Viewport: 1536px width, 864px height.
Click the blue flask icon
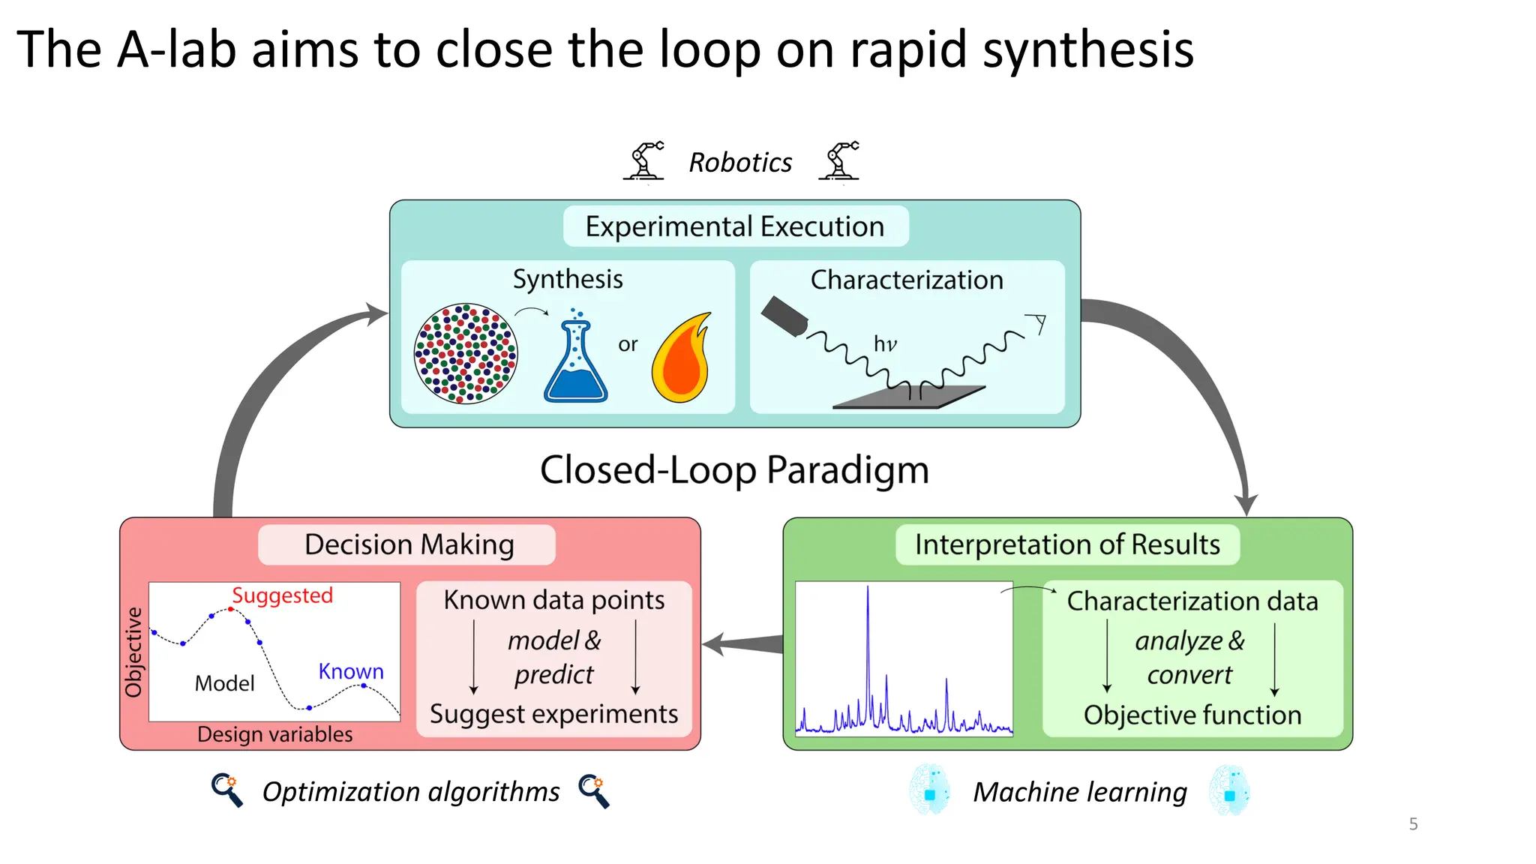[575, 364]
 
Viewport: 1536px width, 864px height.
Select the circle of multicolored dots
[466, 354]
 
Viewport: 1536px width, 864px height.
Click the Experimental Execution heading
[735, 226]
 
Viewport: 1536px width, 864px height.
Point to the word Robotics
[740, 163]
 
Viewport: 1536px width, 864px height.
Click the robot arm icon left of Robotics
[644, 160]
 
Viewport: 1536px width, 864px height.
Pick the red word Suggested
[282, 595]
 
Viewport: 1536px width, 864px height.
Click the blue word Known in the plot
[350, 671]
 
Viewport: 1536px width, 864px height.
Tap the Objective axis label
[133, 652]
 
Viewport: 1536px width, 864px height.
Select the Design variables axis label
[274, 734]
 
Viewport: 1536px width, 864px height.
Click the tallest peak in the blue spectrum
[868, 600]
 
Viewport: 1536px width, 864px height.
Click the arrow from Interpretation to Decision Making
[742, 643]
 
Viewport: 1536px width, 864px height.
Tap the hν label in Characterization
[885, 344]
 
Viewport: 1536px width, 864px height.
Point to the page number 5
[1413, 824]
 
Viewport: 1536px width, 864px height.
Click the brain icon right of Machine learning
[1229, 790]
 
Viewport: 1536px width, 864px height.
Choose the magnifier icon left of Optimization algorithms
[226, 790]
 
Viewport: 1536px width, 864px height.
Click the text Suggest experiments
[553, 714]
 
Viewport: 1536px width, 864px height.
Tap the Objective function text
[1192, 715]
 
